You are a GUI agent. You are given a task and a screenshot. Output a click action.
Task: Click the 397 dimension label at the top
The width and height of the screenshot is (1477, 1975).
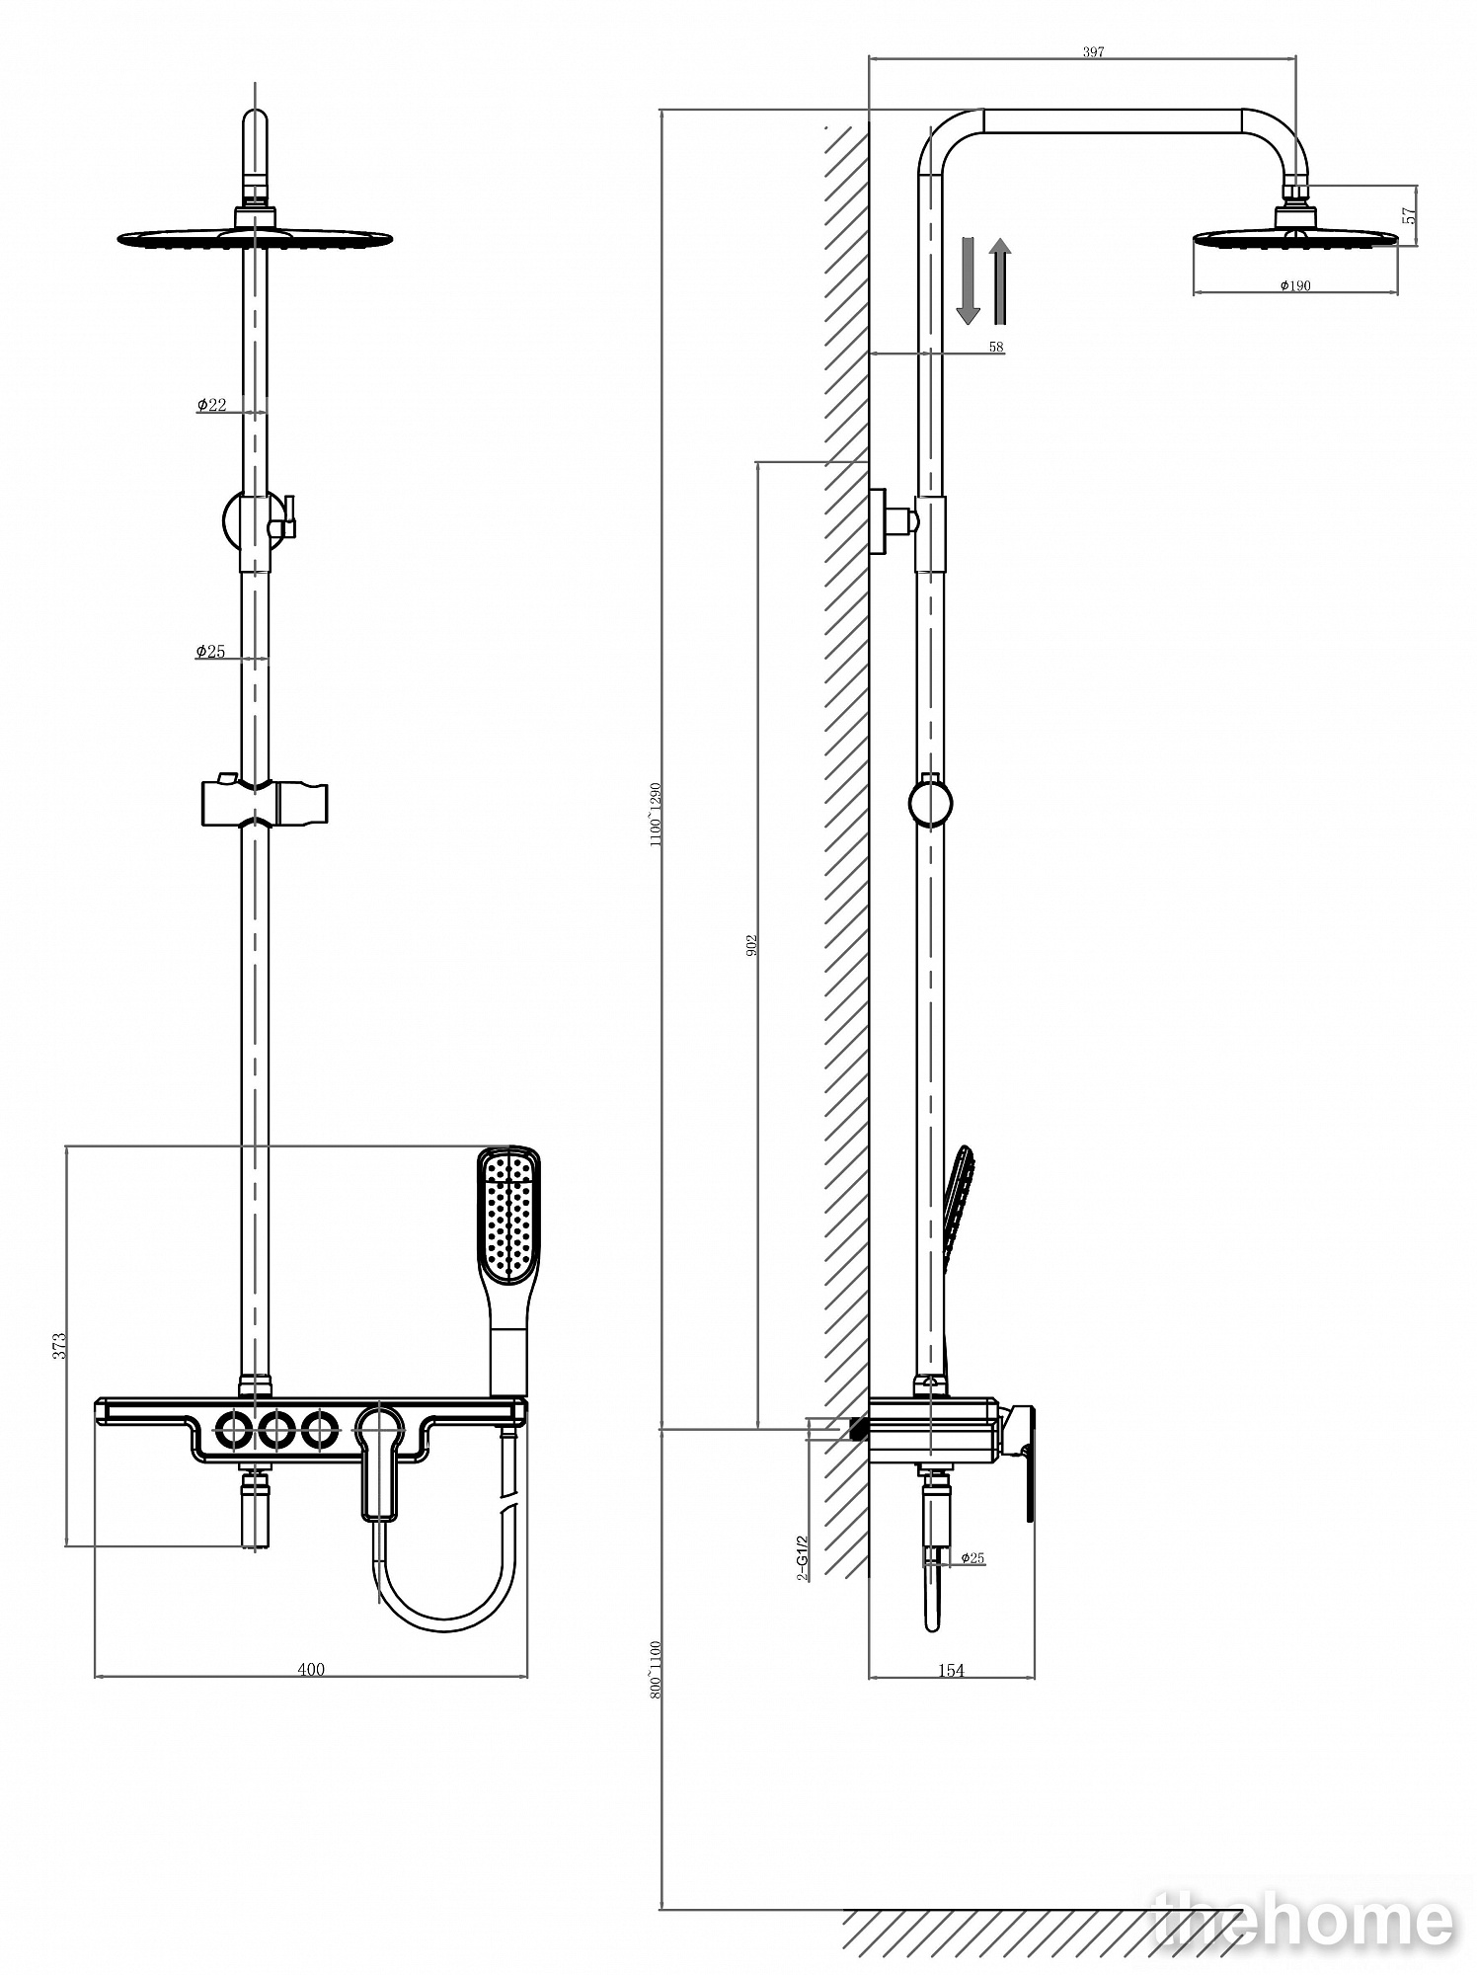coord(1092,51)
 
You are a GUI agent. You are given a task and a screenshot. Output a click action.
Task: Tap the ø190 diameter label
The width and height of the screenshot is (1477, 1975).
coord(1295,286)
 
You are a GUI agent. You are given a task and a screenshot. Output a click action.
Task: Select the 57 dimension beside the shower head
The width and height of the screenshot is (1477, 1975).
coord(1411,214)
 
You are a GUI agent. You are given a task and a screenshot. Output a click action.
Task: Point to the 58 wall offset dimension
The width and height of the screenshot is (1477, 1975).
coord(995,347)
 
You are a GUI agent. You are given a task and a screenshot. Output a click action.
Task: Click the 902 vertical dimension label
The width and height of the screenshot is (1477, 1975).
coord(751,944)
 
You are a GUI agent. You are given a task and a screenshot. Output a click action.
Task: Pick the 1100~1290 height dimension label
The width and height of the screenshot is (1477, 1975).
coord(654,815)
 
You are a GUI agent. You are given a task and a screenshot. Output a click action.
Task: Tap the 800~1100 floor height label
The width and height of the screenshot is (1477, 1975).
coord(654,1669)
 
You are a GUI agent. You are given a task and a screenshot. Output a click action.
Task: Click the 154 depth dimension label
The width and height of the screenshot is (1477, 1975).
coord(950,1670)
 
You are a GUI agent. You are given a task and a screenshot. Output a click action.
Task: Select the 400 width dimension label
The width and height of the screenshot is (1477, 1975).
coord(311,1669)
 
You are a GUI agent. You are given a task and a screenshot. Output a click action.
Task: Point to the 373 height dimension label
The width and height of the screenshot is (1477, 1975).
coord(59,1345)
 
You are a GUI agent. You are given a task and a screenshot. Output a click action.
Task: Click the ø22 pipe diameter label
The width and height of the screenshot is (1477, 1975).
coord(211,405)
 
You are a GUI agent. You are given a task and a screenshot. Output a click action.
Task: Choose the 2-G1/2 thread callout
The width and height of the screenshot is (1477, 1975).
coord(803,1557)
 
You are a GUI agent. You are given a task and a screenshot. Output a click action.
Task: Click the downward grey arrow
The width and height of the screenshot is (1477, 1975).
coord(968,280)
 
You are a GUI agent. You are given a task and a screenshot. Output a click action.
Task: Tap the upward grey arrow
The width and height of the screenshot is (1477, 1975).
coord(1000,280)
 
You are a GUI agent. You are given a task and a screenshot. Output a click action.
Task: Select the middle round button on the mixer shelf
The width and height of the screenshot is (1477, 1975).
coord(276,1429)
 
